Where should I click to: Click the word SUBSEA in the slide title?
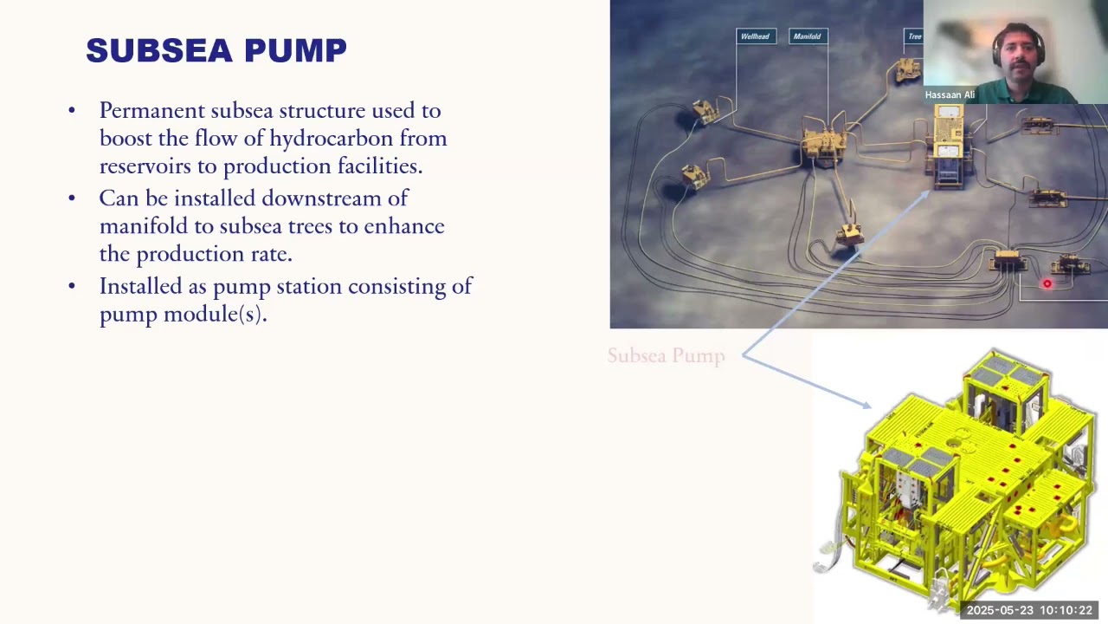coord(159,50)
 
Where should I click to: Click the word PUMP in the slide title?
coord(295,50)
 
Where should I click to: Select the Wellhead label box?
coord(756,36)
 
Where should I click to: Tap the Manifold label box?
coord(808,36)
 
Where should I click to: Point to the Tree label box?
coord(914,36)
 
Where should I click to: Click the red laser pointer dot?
coord(1047,283)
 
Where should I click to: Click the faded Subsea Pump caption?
coord(667,356)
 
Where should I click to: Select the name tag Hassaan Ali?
coord(950,94)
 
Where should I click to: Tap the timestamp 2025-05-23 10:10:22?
coord(1029,610)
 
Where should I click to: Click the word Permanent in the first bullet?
coord(152,110)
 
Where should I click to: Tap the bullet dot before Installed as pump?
coord(72,286)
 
